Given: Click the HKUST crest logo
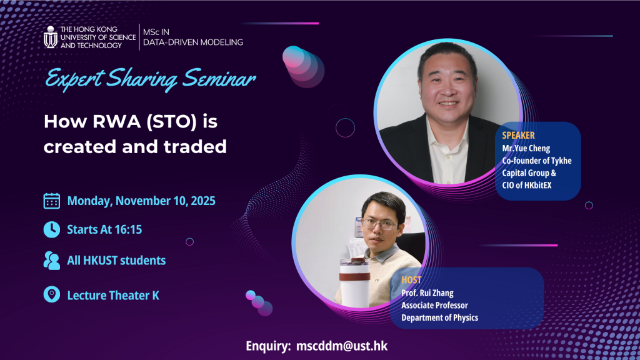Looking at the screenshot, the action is point(50,37).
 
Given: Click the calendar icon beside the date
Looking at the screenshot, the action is point(52,201).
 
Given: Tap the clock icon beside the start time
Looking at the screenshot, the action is point(52,229).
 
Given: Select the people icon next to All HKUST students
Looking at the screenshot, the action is point(52,261).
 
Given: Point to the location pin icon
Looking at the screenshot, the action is point(52,294).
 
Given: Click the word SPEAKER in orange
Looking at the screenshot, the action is point(518,136).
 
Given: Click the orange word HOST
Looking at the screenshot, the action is point(411,280).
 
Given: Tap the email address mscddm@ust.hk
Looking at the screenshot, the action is point(342,346).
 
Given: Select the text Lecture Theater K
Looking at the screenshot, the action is point(113,295).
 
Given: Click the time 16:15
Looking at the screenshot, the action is point(129,229).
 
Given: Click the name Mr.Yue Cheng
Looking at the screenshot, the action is point(526,148).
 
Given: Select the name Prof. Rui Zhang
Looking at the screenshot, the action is point(427,293).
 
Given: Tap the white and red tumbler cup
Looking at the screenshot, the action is point(355,282).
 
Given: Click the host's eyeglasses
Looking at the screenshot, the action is point(379,224).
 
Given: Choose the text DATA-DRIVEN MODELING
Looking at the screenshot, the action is point(193,42).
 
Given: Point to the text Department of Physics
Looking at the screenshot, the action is point(439,317).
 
